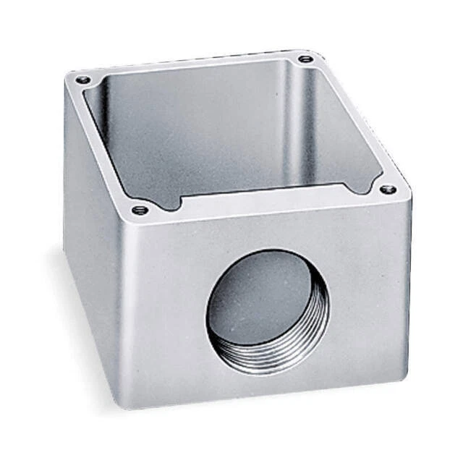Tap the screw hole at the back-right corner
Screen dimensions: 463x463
(x=305, y=57)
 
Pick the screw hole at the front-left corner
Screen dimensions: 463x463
(x=140, y=210)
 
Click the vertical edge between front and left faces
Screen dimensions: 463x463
(x=121, y=304)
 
